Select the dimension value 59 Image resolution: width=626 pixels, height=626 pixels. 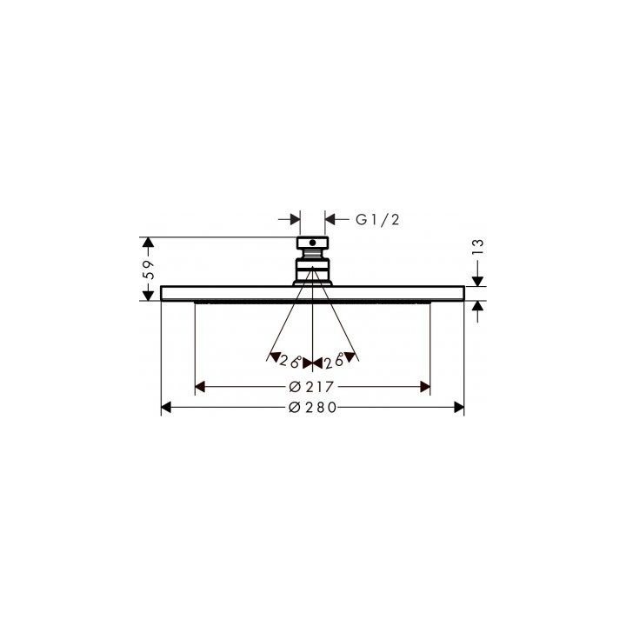[149, 269]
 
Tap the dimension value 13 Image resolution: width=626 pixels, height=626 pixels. [477, 250]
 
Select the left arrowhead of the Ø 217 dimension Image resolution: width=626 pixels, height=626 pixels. [200, 386]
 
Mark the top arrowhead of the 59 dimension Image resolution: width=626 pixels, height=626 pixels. [149, 241]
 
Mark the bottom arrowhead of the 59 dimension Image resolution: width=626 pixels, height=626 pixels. [149, 296]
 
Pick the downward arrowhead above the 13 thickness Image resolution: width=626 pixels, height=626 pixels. [477, 279]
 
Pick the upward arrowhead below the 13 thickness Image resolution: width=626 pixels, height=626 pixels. [477, 306]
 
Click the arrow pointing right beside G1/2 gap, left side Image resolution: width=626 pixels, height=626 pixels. [294, 221]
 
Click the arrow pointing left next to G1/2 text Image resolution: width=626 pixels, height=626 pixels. [330, 221]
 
